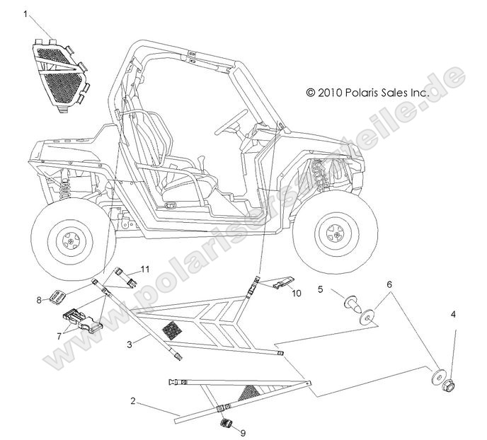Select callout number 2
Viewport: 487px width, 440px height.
(132, 401)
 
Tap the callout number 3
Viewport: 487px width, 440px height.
(129, 344)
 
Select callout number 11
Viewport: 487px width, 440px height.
(145, 270)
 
